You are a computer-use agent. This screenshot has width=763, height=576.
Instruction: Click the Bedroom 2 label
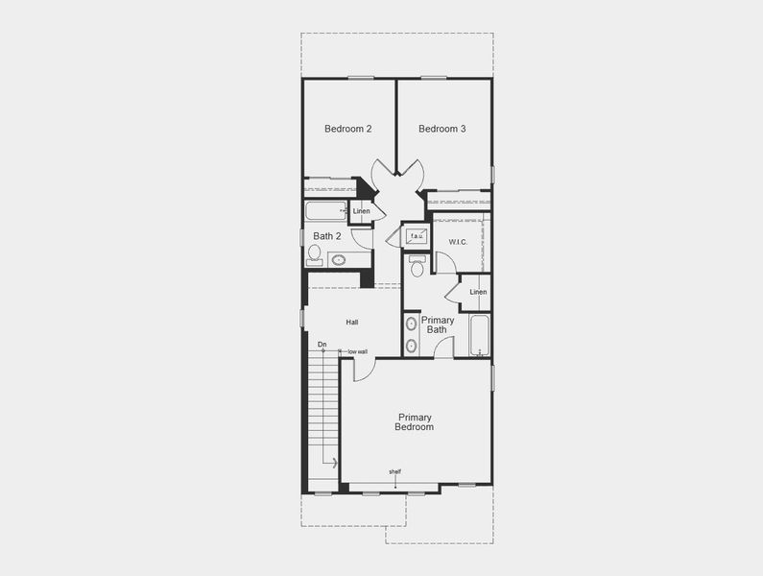tap(347, 129)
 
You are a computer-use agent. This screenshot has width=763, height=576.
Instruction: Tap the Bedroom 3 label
tap(442, 129)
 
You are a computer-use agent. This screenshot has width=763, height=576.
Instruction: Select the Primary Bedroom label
tap(415, 422)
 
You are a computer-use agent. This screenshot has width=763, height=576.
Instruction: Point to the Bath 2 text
tap(327, 236)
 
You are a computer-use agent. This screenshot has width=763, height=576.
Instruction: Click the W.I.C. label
tap(457, 241)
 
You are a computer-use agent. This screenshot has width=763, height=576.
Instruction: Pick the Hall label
tap(352, 323)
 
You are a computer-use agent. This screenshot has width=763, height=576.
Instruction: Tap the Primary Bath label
tap(438, 325)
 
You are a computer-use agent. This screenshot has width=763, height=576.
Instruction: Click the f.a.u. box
tap(417, 236)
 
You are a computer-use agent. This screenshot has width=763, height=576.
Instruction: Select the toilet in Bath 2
tap(315, 254)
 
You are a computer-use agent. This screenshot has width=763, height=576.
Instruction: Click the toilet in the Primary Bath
tap(417, 265)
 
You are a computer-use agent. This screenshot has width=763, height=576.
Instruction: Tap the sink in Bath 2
tap(339, 259)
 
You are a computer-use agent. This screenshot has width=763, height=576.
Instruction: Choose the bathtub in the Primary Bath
tap(480, 336)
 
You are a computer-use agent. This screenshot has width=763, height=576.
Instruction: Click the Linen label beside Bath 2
tap(361, 211)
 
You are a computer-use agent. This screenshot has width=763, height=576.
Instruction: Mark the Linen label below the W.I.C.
tap(478, 292)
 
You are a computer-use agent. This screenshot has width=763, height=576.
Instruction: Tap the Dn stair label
tap(322, 344)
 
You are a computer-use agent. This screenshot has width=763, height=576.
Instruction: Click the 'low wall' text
tap(357, 351)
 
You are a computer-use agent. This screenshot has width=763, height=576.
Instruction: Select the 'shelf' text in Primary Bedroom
tap(395, 471)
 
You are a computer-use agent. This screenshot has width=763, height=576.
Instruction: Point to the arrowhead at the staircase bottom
tap(333, 464)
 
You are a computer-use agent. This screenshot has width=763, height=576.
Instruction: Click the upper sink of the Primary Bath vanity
tap(412, 324)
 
